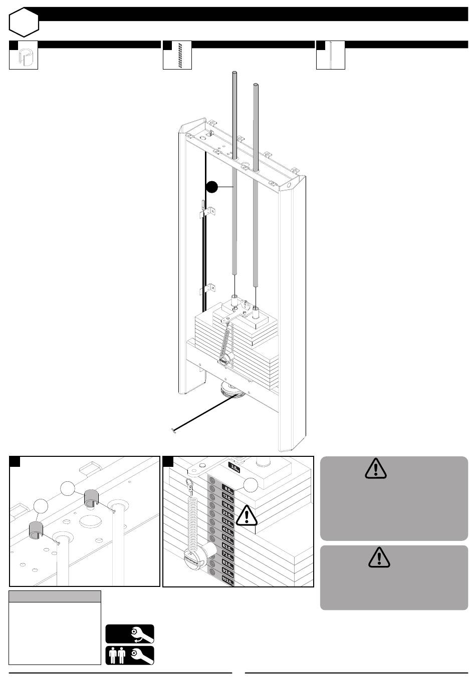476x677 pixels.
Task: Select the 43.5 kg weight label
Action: [227, 530]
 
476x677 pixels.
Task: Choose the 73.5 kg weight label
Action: [226, 556]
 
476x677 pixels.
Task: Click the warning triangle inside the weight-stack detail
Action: [246, 515]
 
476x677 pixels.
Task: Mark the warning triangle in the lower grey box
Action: [379, 557]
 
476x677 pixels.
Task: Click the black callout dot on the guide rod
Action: [212, 187]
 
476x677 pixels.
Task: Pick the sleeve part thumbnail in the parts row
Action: [24, 58]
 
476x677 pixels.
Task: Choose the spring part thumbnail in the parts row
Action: [177, 56]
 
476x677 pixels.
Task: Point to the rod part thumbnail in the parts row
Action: [331, 56]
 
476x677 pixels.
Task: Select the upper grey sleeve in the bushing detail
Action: [92, 499]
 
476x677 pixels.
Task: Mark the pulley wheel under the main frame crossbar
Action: [232, 389]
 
